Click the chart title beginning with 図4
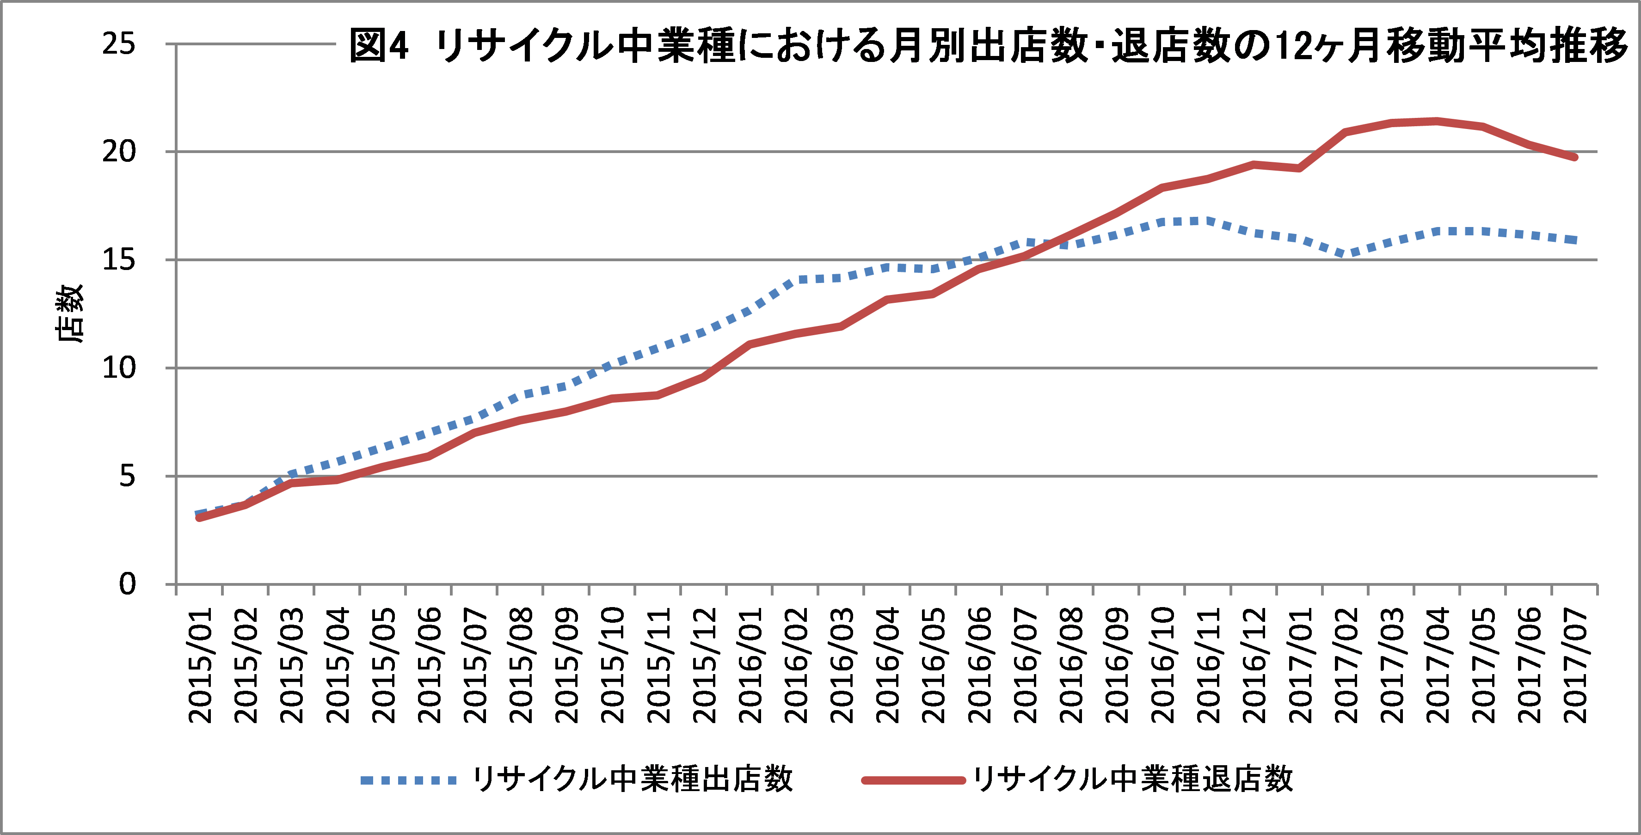click(987, 46)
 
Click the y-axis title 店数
click(69, 313)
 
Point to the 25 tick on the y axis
click(119, 44)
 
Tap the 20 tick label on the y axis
click(119, 152)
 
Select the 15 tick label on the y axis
click(119, 260)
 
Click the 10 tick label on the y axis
click(119, 368)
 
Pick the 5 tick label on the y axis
click(128, 476)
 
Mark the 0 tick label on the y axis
click(128, 584)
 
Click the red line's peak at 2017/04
click(1437, 121)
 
